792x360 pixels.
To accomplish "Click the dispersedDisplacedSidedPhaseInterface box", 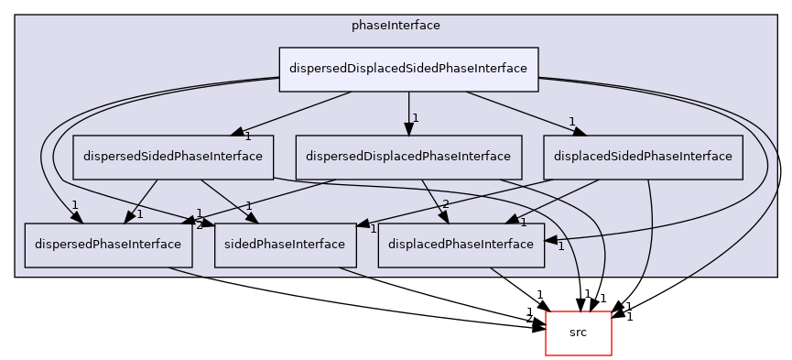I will pyautogui.click(x=408, y=69).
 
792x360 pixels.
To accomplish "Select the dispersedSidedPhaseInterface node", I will pyautogui.click(x=173, y=157).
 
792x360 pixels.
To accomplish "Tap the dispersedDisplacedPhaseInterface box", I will pyautogui.click(x=408, y=157).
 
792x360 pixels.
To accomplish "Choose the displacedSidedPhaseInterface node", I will pyautogui.click(x=643, y=157).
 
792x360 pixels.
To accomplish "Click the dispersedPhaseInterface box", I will pyautogui.click(x=108, y=245).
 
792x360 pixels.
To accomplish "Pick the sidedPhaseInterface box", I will pyautogui.click(x=286, y=245).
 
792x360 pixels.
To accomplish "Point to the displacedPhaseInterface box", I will pyautogui.click(x=461, y=245).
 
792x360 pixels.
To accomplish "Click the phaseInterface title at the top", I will pyautogui.click(x=396, y=26).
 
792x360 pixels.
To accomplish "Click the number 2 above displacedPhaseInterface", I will pyautogui.click(x=446, y=204).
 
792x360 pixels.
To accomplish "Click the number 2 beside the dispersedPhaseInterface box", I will pyautogui.click(x=199, y=224).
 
